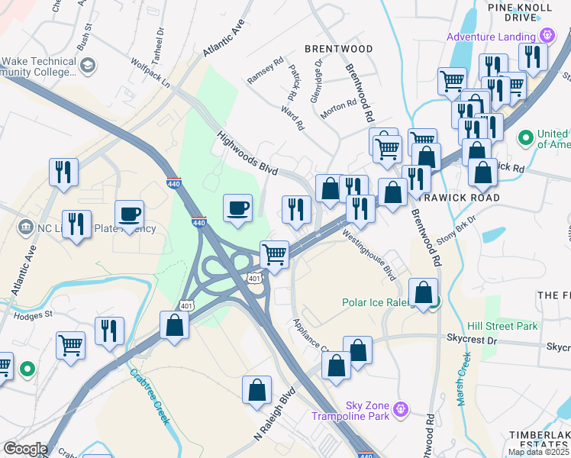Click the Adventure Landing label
coord(491,36)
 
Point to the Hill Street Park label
coord(504,326)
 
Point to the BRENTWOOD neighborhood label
coord(338,49)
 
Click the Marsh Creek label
coord(462,379)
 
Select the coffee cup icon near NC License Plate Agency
coord(129,213)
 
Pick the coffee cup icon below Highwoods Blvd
coord(238,207)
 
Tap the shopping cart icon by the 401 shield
coord(274,254)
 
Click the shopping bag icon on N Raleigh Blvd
coord(257,389)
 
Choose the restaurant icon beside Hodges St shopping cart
coord(109,331)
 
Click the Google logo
coord(25,449)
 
